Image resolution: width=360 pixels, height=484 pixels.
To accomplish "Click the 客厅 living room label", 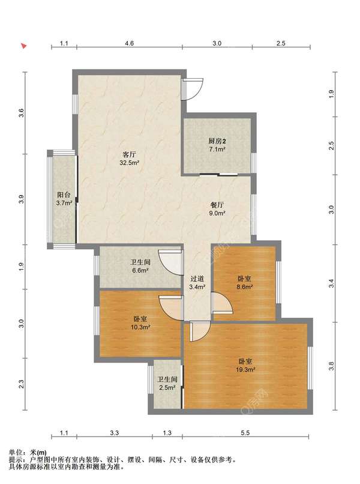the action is pyautogui.click(x=129, y=154).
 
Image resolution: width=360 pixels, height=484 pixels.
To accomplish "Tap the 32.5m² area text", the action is pyautogui.click(x=130, y=163).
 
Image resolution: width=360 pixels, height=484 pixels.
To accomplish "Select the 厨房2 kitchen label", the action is pyautogui.click(x=217, y=141).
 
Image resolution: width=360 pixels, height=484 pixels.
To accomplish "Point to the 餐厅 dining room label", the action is pyautogui.click(x=217, y=205).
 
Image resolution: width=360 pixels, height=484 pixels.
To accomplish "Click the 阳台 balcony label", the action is pyautogui.click(x=64, y=195).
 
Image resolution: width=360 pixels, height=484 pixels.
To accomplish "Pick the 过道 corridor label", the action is pyautogui.click(x=197, y=279).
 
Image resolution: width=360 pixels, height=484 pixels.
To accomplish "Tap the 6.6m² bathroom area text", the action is pyautogui.click(x=140, y=271).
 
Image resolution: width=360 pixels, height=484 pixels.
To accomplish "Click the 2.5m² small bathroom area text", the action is pyautogui.click(x=167, y=387).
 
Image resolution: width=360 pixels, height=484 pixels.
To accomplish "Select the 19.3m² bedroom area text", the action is pyautogui.click(x=245, y=369).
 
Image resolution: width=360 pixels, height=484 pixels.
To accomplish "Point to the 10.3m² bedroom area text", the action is pyautogui.click(x=140, y=327).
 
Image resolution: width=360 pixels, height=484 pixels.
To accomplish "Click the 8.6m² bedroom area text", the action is pyautogui.click(x=245, y=287).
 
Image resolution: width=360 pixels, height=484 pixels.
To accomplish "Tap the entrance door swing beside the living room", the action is pyautogui.click(x=193, y=89).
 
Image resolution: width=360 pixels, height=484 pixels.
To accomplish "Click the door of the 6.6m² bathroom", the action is pyautogui.click(x=170, y=262).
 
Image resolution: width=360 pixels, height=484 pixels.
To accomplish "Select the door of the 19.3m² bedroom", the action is pyautogui.click(x=200, y=331).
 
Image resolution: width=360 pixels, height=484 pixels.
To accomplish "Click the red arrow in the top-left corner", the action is pyautogui.click(x=24, y=46).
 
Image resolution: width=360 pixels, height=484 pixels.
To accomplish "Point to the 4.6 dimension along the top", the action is pyautogui.click(x=129, y=43).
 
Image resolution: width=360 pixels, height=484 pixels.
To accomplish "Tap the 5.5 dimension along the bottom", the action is pyautogui.click(x=245, y=433).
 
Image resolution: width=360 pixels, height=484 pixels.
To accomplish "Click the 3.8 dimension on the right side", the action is pyautogui.click(x=331, y=366).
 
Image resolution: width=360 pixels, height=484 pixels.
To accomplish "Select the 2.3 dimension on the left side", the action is pyautogui.click(x=21, y=384).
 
